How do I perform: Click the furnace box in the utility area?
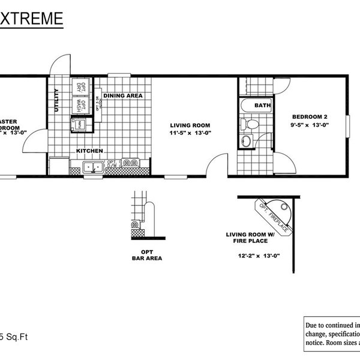79,124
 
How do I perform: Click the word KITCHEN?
89,151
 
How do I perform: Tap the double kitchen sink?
93,168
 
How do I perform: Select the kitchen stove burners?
131,162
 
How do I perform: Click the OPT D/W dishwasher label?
112,163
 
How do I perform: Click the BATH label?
263,106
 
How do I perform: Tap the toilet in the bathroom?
251,124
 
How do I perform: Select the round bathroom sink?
247,142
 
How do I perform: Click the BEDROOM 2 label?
309,116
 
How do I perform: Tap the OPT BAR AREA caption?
147,255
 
